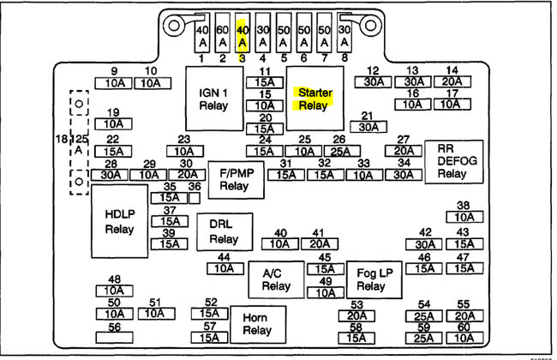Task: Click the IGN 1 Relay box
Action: tap(218, 99)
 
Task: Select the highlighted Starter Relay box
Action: tap(314, 99)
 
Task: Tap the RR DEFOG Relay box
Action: tap(453, 160)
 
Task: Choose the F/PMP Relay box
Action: tap(233, 178)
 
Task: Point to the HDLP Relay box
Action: tap(119, 221)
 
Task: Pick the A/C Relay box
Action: tap(273, 279)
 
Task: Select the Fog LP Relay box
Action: tap(371, 279)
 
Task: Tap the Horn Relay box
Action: tap(257, 323)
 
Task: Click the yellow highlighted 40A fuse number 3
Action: tap(243, 34)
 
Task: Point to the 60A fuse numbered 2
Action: tap(222, 34)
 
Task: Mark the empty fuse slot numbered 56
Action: tap(114, 339)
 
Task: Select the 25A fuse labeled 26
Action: tap(338, 151)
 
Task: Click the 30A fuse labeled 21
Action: tap(368, 127)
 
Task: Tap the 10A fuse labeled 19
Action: tap(114, 123)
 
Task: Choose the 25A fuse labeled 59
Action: tap(423, 339)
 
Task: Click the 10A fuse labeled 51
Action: tap(154, 314)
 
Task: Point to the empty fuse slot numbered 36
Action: tap(195, 197)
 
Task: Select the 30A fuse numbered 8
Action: tap(344, 34)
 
